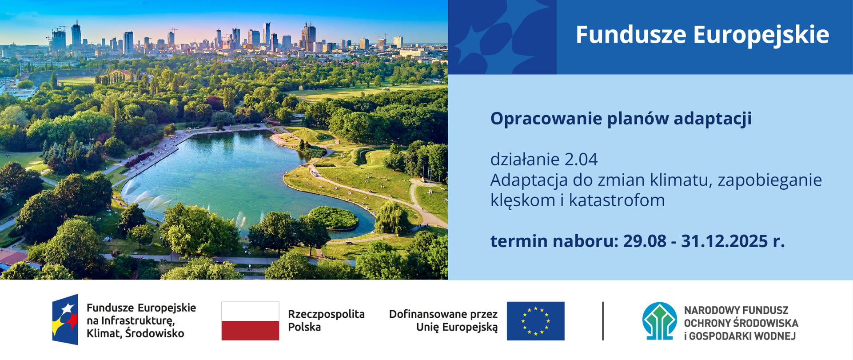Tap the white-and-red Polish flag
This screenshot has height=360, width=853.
(x=250, y=321)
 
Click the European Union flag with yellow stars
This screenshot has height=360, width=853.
(x=535, y=321)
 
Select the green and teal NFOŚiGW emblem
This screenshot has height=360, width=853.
(x=659, y=321)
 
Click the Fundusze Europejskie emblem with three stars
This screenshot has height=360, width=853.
(x=65, y=320)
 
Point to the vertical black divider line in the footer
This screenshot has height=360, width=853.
(x=603, y=321)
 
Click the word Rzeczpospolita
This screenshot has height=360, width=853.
(x=326, y=314)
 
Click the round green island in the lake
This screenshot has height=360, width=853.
(x=334, y=217)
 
